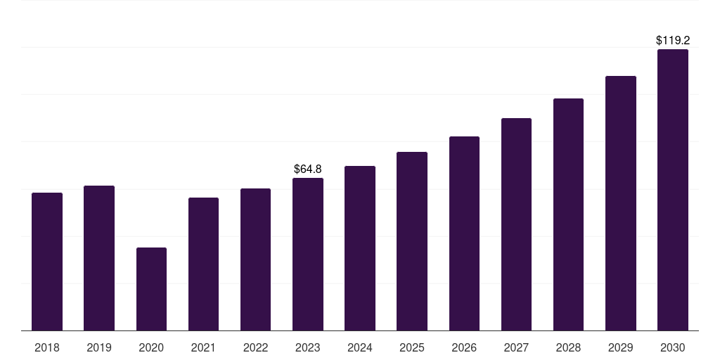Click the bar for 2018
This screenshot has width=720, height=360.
[x=47, y=262]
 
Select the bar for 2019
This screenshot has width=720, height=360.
[x=99, y=258]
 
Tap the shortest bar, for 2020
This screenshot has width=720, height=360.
[x=152, y=289]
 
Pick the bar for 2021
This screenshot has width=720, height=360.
[x=203, y=264]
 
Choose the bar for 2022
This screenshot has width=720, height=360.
[x=255, y=259]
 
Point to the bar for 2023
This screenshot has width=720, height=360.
[x=308, y=255]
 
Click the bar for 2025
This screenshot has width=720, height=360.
[x=412, y=241]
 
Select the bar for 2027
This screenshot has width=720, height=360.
[x=516, y=224]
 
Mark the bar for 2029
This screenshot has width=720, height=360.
[x=621, y=203]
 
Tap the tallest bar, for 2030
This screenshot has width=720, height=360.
[x=673, y=190]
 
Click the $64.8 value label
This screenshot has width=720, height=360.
[x=308, y=169]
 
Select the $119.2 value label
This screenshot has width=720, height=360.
[x=673, y=40]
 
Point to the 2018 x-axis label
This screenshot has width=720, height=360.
[x=47, y=347]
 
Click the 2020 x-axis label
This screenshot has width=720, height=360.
[x=152, y=347]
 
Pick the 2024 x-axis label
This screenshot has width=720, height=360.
[x=360, y=347]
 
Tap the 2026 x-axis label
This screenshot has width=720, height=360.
[x=464, y=347]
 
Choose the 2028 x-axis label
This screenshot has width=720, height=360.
[x=568, y=347]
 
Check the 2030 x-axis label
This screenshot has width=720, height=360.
[x=673, y=347]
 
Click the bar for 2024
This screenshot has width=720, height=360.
[x=360, y=248]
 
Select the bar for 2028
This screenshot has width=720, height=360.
[x=568, y=214]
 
